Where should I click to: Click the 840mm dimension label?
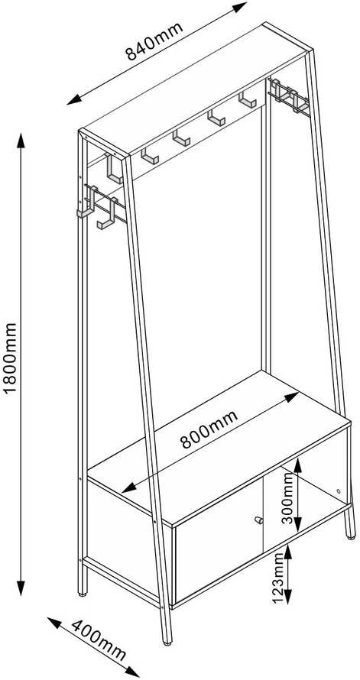[154, 40]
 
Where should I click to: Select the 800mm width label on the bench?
[209, 429]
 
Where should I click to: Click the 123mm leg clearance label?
[278, 579]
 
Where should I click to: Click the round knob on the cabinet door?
[258, 520]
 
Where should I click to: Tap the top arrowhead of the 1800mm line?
[21, 141]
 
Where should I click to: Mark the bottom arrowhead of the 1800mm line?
[21, 587]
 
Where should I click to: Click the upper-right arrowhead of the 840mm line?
[239, 8]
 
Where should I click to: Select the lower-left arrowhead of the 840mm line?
[75, 100]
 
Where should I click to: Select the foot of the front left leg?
[83, 593]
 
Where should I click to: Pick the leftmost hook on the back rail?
[150, 156]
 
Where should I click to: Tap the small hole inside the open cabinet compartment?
[339, 491]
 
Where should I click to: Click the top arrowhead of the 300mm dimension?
[297, 465]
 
